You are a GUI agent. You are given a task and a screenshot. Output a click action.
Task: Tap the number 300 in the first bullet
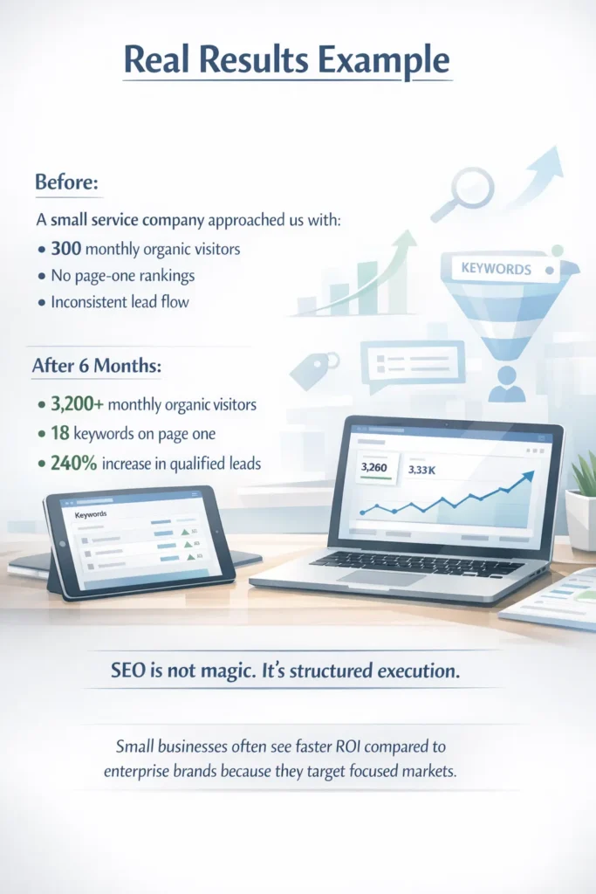click(x=66, y=249)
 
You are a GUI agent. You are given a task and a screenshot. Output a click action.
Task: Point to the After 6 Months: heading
click(x=96, y=367)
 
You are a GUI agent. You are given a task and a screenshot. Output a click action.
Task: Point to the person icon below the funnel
click(x=507, y=382)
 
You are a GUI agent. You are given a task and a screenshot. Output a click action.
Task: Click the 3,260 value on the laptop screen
click(x=373, y=468)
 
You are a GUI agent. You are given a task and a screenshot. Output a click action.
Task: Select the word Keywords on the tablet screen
click(x=92, y=515)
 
